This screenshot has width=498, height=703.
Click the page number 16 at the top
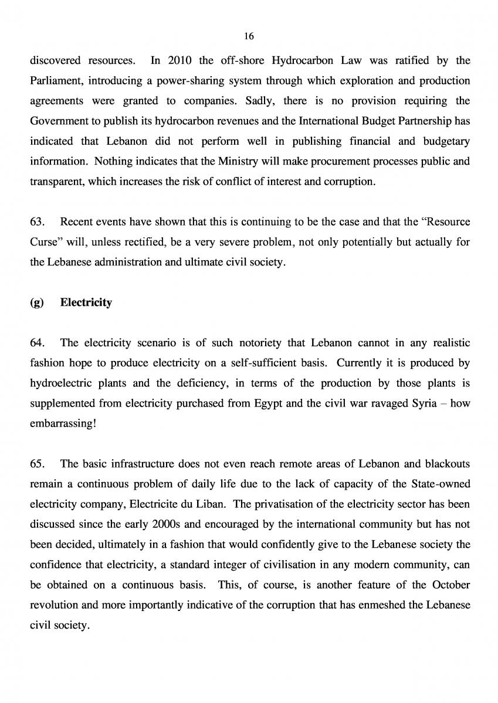tap(249, 36)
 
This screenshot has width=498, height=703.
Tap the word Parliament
tap(56, 80)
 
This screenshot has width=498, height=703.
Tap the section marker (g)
tap(36, 303)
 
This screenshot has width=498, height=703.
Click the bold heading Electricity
tap(86, 303)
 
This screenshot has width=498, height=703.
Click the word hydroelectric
tap(60, 383)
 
